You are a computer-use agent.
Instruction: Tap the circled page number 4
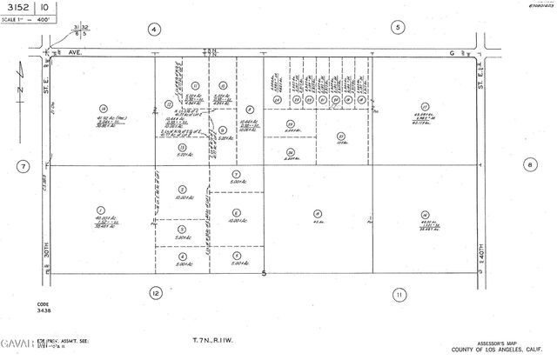154,29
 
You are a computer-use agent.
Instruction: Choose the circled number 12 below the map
156,293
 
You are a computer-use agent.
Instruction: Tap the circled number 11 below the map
399,293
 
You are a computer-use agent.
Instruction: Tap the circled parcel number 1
101,210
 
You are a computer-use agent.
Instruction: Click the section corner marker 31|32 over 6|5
82,32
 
